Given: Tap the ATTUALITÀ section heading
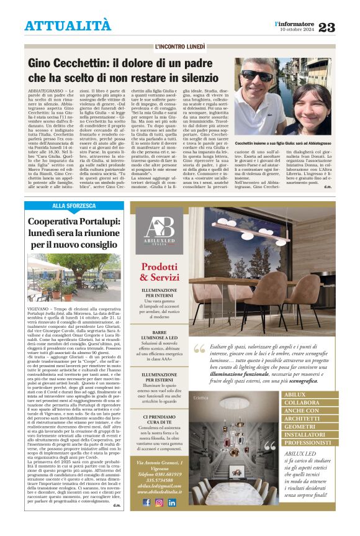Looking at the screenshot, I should click(68, 26).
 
